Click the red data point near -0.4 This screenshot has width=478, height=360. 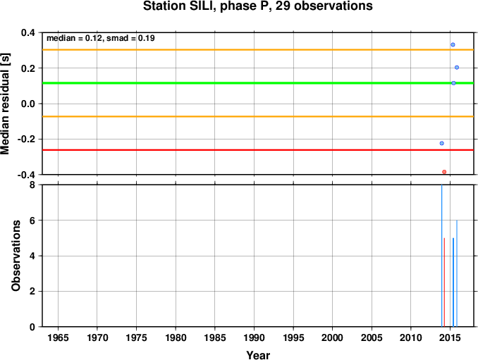click(x=444, y=172)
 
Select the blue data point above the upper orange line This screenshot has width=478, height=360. click(x=453, y=45)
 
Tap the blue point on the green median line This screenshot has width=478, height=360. click(x=453, y=83)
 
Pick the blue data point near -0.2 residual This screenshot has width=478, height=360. click(x=442, y=143)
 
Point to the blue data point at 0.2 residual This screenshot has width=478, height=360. click(x=457, y=68)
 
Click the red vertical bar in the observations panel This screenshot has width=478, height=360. click(x=444, y=283)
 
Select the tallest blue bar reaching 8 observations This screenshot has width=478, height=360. click(x=442, y=256)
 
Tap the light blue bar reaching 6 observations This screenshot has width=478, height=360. click(x=457, y=273)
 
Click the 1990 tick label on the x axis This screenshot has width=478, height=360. click(x=254, y=337)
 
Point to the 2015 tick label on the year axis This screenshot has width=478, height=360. click(x=450, y=337)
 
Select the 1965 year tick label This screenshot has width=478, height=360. click(x=58, y=337)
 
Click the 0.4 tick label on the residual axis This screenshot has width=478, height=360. click(x=28, y=32)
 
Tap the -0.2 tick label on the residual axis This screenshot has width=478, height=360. click(x=26, y=139)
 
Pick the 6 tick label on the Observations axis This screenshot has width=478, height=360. click(x=32, y=221)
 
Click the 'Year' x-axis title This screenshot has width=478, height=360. click(x=258, y=355)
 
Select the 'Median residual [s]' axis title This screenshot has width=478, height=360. click(x=6, y=104)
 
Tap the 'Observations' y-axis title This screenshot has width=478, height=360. click(x=16, y=256)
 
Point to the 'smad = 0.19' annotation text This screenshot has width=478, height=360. click(x=130, y=38)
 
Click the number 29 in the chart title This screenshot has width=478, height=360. click(x=283, y=6)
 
